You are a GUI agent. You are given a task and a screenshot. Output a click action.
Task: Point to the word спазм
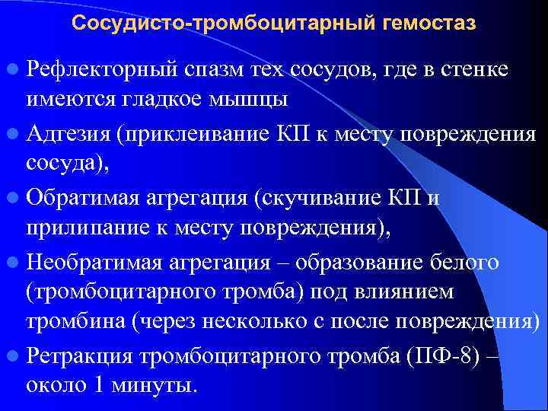214,71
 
